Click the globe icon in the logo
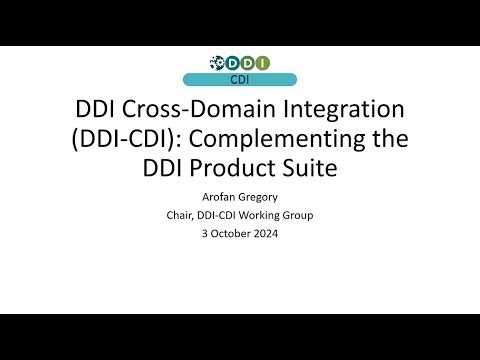pos(216,63)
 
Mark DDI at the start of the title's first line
pos(99,109)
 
